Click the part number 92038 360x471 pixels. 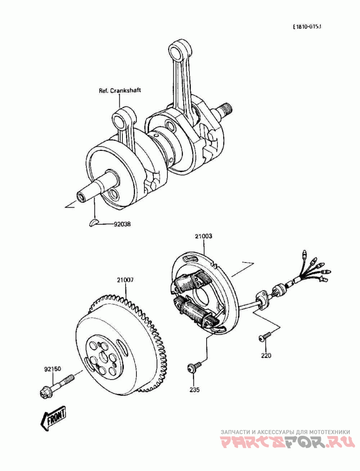click(122, 223)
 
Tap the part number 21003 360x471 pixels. click(203, 235)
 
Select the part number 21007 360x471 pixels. click(125, 280)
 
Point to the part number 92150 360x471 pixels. click(52, 369)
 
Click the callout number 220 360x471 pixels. click(266, 355)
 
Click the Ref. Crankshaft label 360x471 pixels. click(120, 90)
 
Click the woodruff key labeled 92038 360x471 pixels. click(94, 222)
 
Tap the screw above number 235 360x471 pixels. click(193, 368)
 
